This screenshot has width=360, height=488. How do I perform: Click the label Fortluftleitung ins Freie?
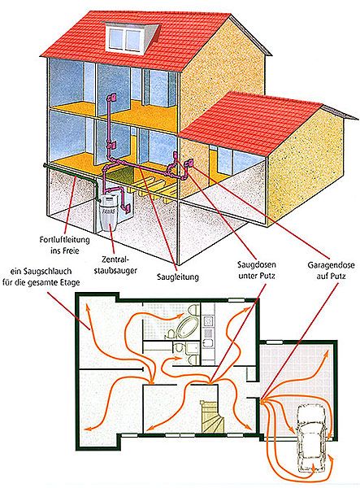point(64,246)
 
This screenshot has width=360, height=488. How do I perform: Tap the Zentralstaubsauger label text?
point(115,264)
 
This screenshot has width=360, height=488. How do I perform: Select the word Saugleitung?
point(178,277)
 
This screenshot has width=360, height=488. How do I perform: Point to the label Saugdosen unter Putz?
point(257,270)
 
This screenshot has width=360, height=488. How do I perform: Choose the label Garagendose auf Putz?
point(331,270)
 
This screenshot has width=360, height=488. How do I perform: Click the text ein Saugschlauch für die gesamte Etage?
point(41,277)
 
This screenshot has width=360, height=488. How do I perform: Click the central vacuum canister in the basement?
point(108,214)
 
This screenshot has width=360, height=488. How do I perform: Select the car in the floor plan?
point(312,439)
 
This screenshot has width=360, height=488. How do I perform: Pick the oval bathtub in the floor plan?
point(184,327)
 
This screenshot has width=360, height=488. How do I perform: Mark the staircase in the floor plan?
point(213,416)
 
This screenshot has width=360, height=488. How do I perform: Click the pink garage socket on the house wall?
point(189,163)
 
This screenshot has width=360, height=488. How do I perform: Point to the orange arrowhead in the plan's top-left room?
point(87,307)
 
